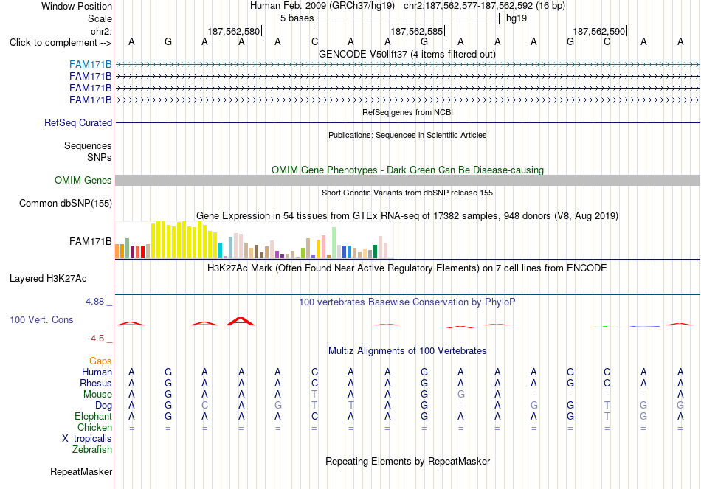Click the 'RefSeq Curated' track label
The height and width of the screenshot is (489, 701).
pos(77,123)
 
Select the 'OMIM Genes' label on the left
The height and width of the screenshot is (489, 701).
pos(83,180)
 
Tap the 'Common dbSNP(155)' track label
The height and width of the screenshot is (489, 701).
pos(66,204)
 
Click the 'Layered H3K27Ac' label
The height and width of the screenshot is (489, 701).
pos(48,279)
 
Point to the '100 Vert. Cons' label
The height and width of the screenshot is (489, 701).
pos(41,319)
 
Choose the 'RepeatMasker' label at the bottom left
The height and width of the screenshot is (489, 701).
pos(81,471)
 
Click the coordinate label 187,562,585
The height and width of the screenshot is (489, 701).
pos(416,31)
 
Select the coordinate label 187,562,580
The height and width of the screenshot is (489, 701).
pos(233,31)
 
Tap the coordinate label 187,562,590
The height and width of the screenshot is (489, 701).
pos(598,31)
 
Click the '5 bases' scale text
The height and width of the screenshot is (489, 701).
pos(297,18)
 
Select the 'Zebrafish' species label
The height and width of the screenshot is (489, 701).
pos(92,450)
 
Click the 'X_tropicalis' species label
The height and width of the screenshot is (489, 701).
pos(87,439)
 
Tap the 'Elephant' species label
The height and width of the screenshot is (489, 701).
pos(94,417)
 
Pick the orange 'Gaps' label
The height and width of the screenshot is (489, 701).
pos(100,361)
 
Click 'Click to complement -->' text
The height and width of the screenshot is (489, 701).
pos(61,43)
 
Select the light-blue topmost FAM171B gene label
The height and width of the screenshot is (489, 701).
pos(90,65)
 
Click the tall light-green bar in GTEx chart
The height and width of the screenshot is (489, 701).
pos(334,243)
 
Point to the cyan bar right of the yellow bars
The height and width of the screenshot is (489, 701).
pos(220,250)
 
